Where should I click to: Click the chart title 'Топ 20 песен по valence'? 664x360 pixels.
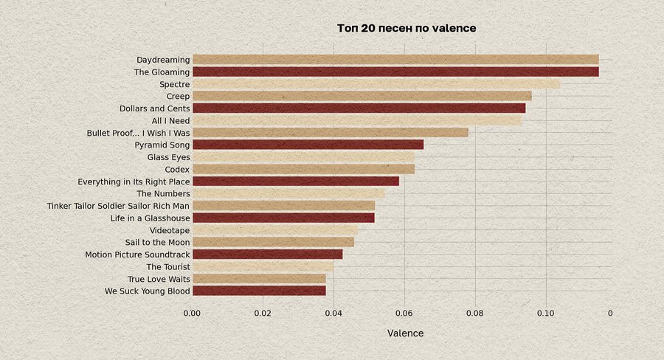pos(406,28)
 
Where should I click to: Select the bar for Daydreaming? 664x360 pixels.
pos(395,60)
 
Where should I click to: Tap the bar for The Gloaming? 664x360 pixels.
pos(395,72)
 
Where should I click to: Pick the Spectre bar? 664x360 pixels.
pos(376,84)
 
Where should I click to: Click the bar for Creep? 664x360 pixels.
pos(362,96)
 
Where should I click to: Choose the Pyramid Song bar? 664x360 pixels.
pos(308,145)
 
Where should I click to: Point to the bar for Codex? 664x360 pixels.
pos(303,169)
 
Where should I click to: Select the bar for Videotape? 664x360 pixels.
pos(274,230)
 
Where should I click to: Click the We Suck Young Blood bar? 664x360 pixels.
pos(258,291)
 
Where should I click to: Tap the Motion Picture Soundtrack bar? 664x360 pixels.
pos(267,255)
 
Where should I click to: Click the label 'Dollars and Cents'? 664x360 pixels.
pos(154,108)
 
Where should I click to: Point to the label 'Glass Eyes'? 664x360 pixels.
pos(168,157)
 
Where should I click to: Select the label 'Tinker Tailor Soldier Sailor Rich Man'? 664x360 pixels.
pos(118,206)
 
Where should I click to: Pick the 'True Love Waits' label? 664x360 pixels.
pos(159,279)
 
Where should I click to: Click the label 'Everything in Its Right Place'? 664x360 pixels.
pos(134,181)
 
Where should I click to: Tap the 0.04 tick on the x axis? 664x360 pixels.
pos(333,313)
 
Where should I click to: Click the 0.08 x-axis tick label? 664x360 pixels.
pos(475,313)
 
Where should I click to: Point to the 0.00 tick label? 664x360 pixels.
pos(192,313)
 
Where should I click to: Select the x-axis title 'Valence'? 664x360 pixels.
pos(405,333)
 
